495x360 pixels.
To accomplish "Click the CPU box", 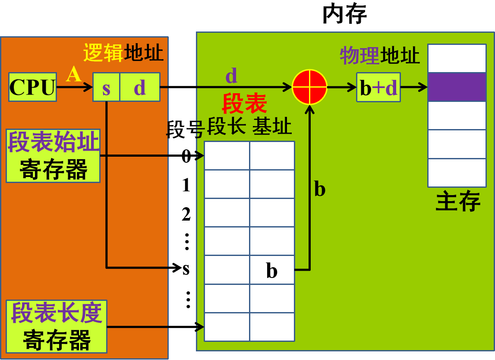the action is (32, 87).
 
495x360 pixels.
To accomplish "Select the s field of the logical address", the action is (106, 87).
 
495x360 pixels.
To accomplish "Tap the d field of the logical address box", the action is (140, 87).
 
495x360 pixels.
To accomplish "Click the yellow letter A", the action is (73, 74).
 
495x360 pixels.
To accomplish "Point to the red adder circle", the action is (309, 87).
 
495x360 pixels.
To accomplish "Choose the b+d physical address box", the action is (378, 87).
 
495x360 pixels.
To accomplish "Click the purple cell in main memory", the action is (457, 87).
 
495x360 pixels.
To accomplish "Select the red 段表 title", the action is (244, 104).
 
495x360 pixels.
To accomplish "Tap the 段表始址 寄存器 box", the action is (53, 156).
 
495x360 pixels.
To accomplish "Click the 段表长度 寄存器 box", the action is (57, 327).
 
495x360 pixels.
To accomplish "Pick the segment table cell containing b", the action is (272, 270).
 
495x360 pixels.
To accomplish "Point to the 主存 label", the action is (458, 202).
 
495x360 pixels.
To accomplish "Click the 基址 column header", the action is (272, 127).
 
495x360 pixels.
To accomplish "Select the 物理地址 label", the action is (379, 56).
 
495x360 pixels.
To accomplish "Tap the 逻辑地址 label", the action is (123, 53).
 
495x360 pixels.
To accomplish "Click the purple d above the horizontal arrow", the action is (231, 76).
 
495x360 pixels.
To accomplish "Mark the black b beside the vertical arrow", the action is (319, 189).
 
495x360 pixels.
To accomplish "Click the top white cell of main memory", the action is (457, 58).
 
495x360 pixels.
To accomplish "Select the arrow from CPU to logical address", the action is (74, 87).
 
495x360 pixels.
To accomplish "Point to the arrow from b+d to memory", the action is (414, 87).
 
